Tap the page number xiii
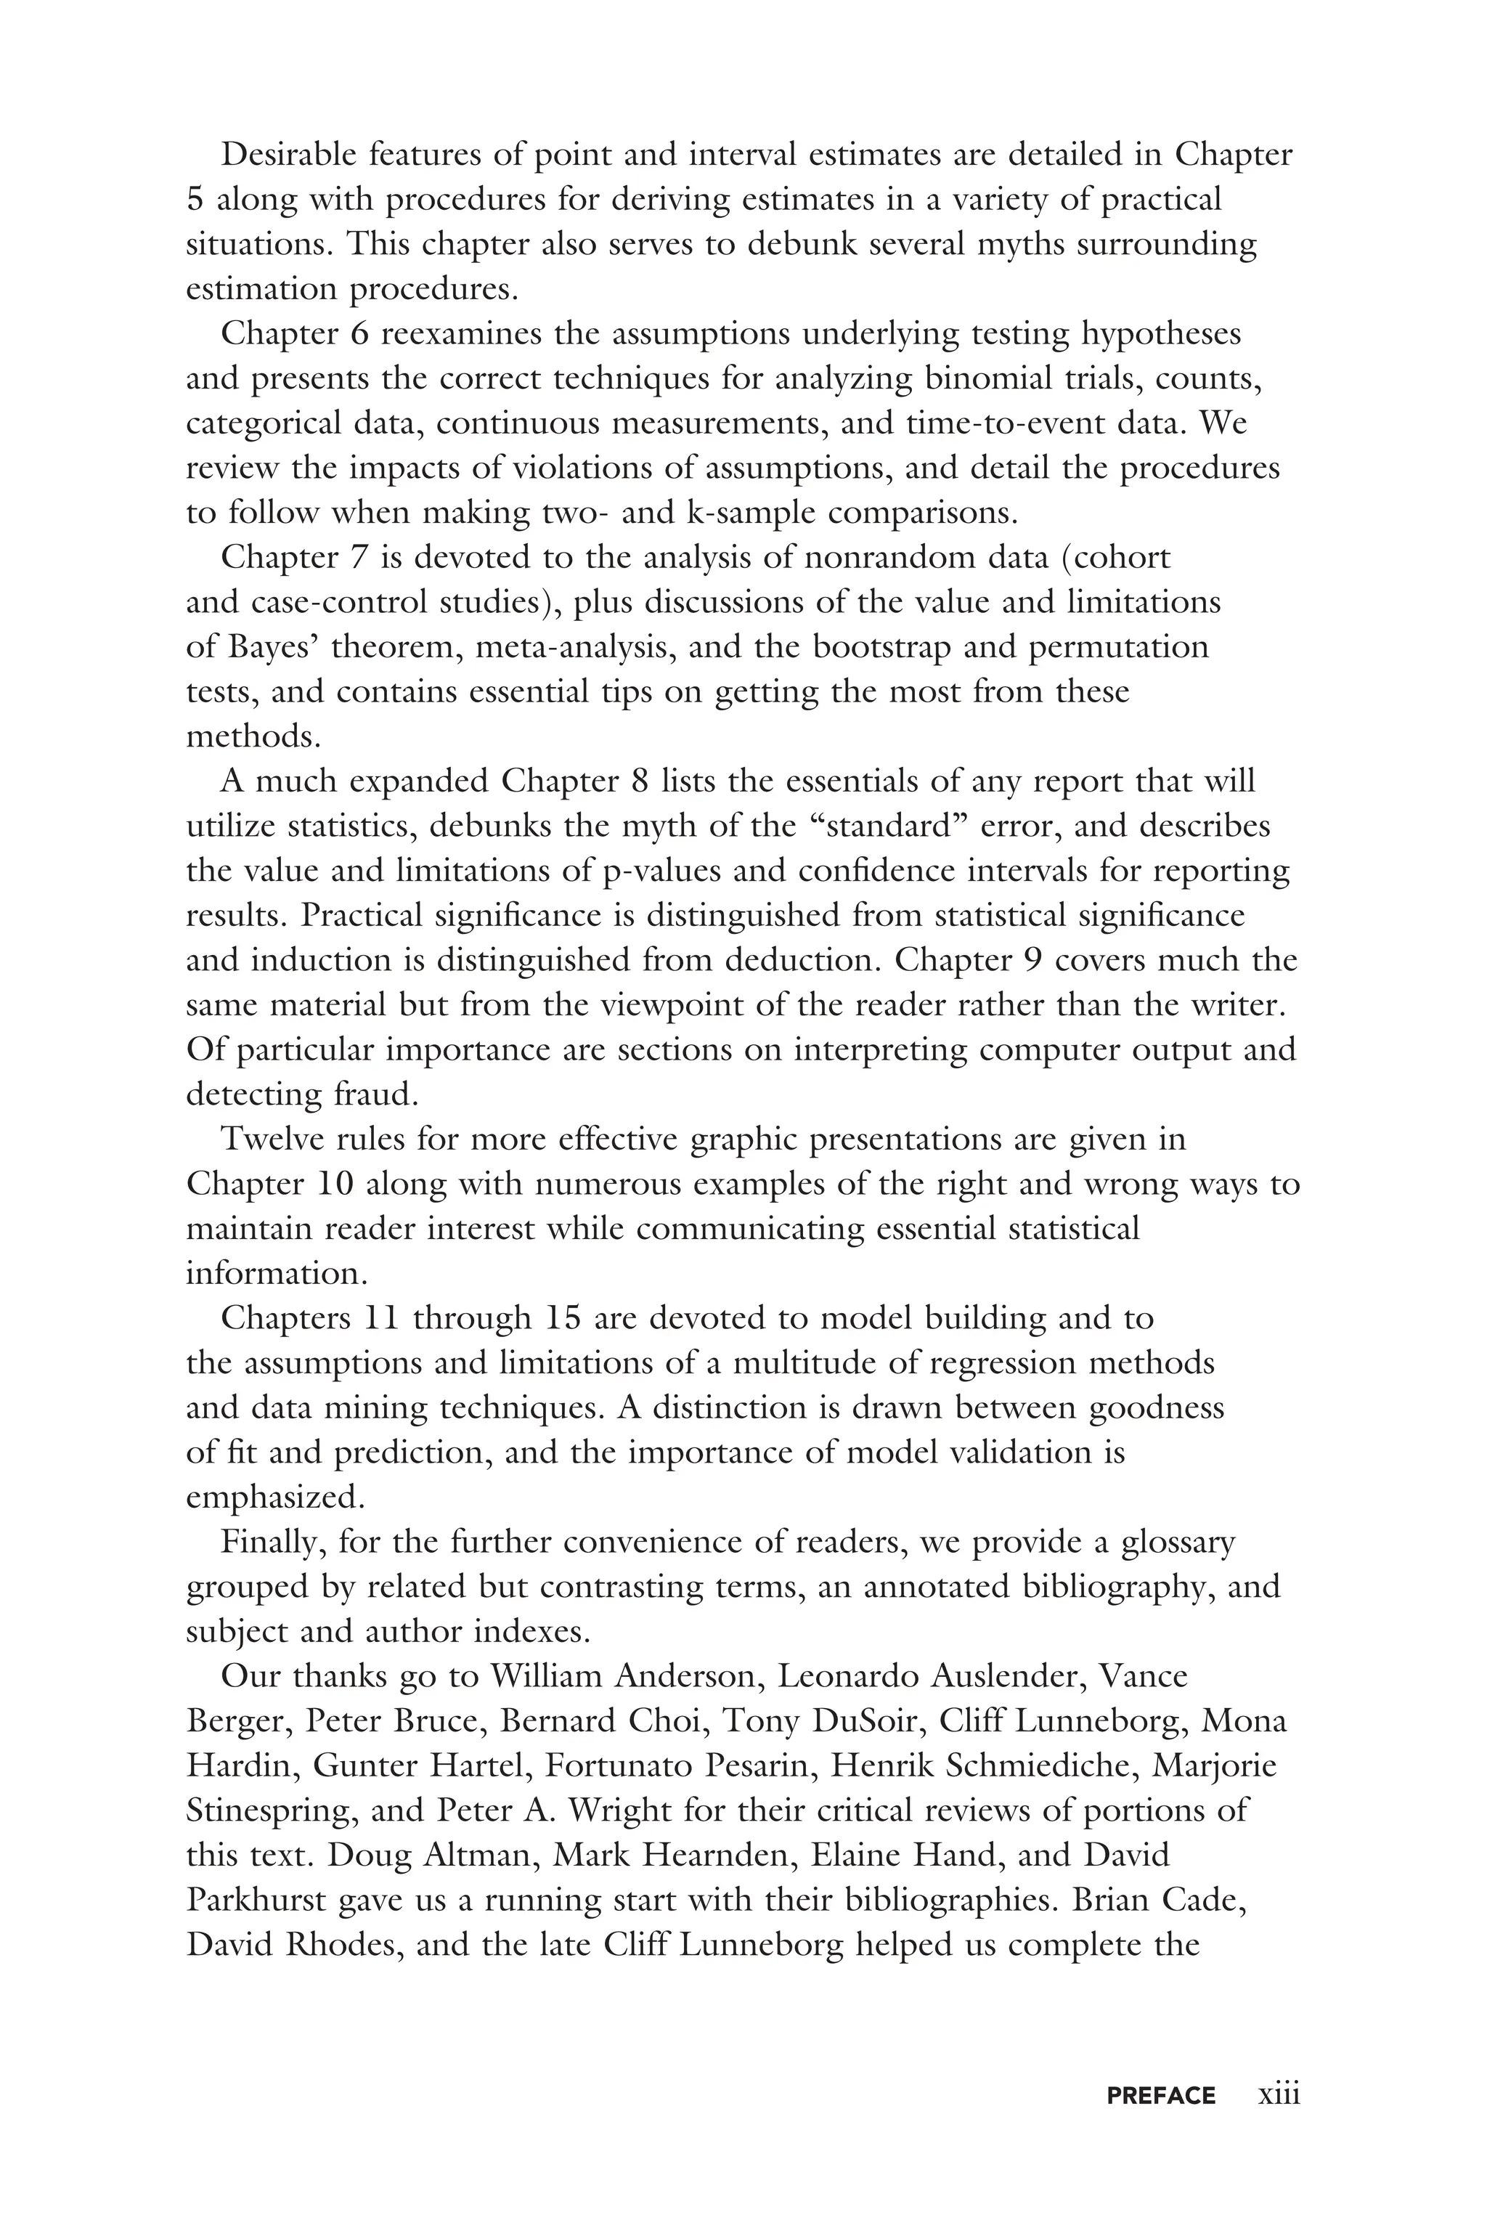pyautogui.click(x=1279, y=2094)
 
